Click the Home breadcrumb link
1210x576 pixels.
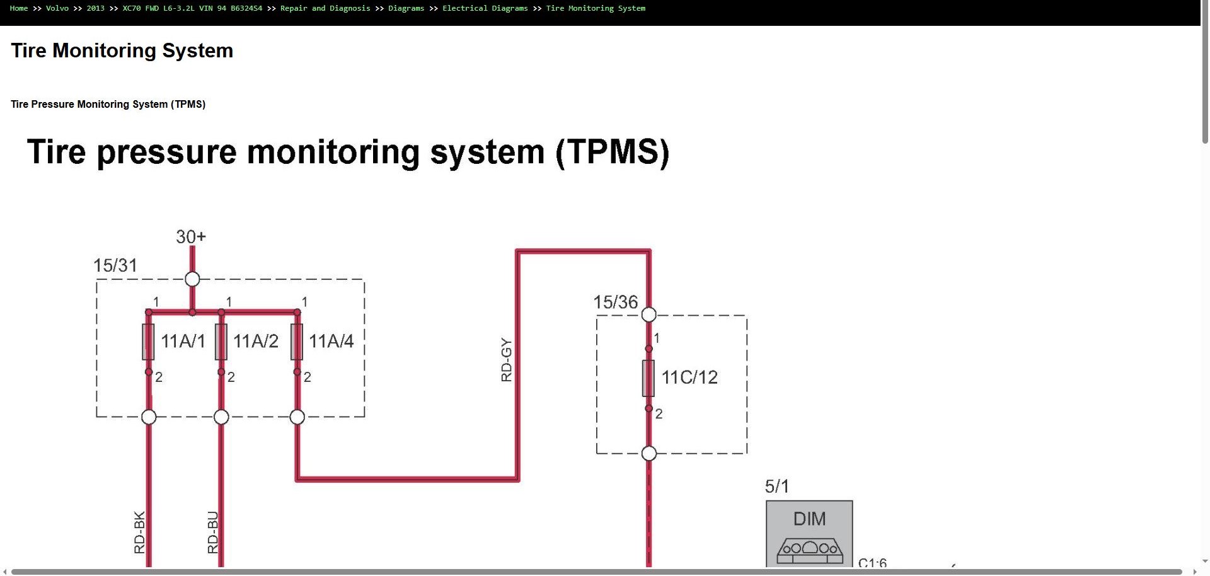click(19, 8)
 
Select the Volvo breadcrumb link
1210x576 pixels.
click(57, 8)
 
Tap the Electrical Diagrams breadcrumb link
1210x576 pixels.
click(485, 8)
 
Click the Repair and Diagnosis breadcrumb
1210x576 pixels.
click(325, 8)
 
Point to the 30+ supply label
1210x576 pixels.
click(191, 237)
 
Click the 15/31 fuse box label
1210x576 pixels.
click(115, 265)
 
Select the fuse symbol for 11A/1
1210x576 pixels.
click(149, 342)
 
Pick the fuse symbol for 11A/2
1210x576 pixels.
click(221, 342)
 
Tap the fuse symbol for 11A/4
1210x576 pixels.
click(297, 342)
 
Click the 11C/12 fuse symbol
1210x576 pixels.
click(648, 378)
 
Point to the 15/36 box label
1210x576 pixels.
click(616, 302)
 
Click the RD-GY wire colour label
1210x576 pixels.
click(507, 360)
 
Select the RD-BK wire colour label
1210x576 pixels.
click(140, 533)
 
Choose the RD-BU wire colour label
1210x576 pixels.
click(213, 533)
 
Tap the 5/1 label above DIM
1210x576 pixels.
click(777, 487)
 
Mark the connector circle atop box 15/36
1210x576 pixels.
click(648, 314)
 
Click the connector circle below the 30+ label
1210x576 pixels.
click(192, 279)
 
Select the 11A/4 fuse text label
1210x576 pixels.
click(331, 342)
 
